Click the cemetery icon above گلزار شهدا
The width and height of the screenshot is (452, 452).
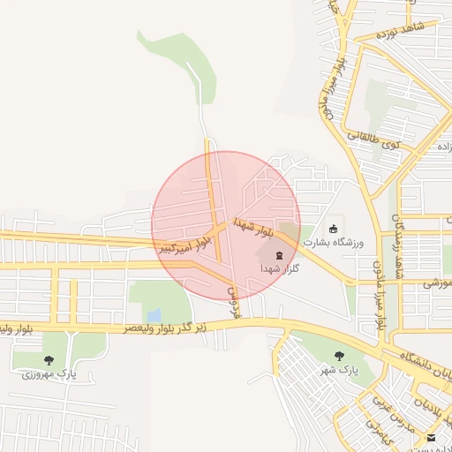point(267,255)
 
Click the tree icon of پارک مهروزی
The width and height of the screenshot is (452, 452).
point(48,360)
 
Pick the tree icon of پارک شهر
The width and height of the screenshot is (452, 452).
point(339,355)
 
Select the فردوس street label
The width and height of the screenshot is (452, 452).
point(234,299)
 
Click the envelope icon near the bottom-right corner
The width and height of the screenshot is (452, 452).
point(431,438)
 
